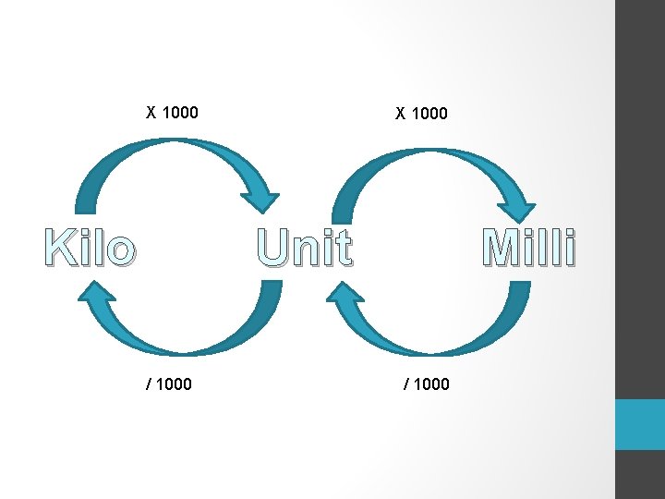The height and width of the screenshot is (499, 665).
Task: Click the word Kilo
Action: tap(90, 249)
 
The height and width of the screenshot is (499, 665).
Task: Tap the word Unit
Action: tap(304, 248)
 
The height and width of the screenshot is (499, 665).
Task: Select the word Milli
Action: tap(529, 248)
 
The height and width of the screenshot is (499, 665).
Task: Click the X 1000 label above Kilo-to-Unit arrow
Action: tap(173, 113)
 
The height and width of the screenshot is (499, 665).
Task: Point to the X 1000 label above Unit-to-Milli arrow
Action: tap(421, 114)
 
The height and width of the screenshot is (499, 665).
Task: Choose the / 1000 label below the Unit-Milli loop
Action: tap(426, 383)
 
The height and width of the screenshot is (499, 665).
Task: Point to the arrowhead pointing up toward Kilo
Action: tap(94, 294)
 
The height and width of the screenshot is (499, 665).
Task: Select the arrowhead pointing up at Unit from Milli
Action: tap(344, 296)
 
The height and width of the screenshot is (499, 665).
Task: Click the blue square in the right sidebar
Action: tap(640, 424)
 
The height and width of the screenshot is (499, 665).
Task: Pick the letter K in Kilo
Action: tap(58, 249)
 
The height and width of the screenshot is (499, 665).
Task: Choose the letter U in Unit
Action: tap(274, 248)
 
